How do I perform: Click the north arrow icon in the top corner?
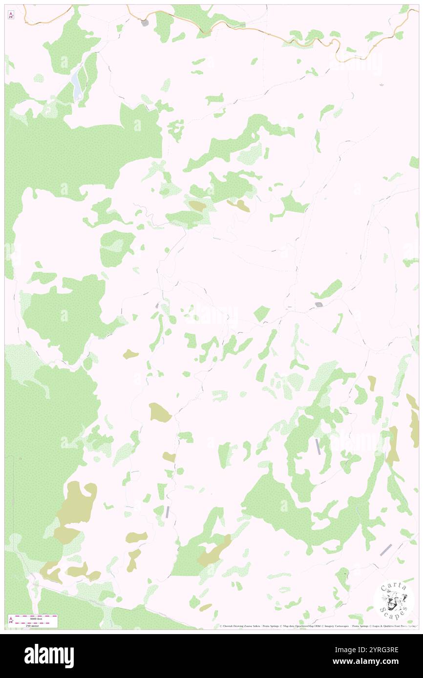tap(11, 15)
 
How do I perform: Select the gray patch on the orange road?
tap(145, 22)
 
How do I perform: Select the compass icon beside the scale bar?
tap(11, 620)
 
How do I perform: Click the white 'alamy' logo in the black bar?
tap(49, 656)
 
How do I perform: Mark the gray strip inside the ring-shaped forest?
tap(318, 446)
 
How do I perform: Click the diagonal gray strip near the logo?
tap(386, 550)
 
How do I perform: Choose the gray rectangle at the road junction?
tap(318, 305)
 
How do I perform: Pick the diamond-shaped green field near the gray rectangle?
tap(262, 313)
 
